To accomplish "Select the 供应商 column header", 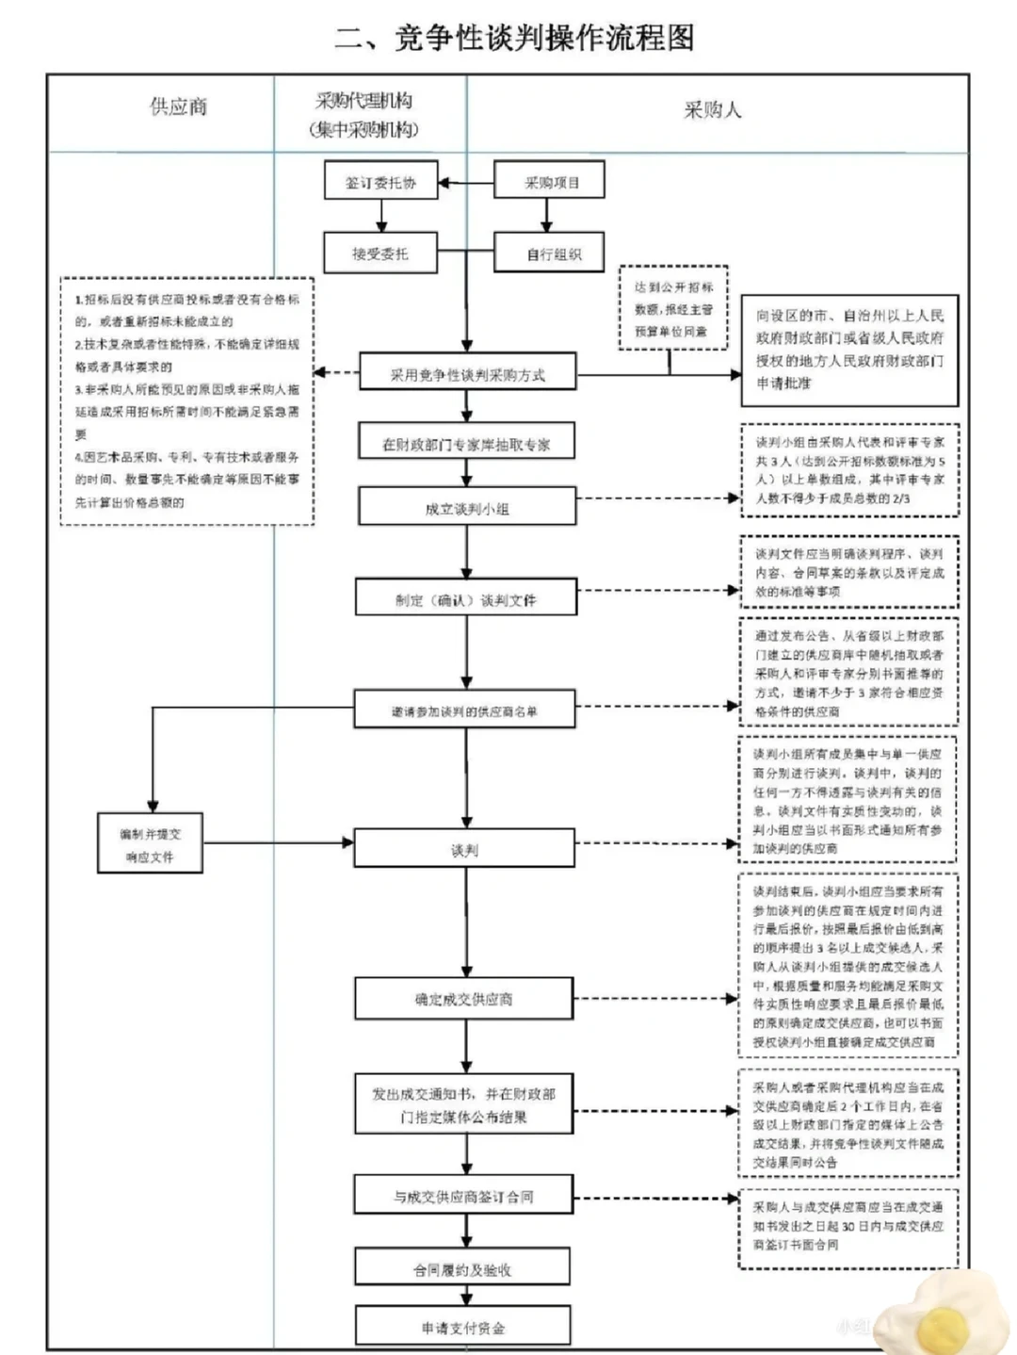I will point(178,106).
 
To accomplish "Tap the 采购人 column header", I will point(712,110).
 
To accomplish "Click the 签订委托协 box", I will point(380,182).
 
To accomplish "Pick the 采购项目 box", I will point(549,182).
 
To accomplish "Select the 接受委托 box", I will point(380,253).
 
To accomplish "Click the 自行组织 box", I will point(549,253).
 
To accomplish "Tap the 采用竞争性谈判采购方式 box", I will point(467,374).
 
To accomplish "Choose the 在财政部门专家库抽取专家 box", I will point(466,444).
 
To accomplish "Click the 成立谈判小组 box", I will point(466,508).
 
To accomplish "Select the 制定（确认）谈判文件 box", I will point(466,599).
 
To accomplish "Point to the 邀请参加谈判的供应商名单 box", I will point(465,710).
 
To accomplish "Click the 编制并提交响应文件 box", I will point(150,845).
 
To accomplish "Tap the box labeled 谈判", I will point(464,850).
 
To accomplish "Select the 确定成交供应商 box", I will point(464,999).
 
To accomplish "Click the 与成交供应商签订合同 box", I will point(463,1197).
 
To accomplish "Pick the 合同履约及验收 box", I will point(462,1269).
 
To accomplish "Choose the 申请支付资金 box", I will point(462,1327).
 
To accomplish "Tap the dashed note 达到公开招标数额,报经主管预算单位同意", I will point(673,309).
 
